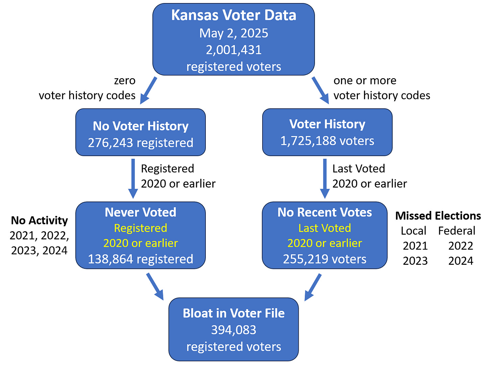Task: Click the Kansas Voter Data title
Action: (x=233, y=15)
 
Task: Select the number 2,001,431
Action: (x=233, y=50)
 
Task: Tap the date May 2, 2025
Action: (x=233, y=33)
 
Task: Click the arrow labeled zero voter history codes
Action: (x=148, y=90)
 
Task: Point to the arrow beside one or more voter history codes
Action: (x=320, y=90)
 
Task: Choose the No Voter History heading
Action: (x=141, y=126)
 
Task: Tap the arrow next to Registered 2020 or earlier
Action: (x=133, y=178)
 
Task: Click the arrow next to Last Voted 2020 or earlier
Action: (x=325, y=178)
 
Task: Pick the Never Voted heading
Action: (x=141, y=212)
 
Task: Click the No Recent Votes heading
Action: (x=325, y=212)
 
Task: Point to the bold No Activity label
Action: (x=39, y=220)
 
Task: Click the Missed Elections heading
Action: (x=438, y=216)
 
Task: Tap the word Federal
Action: (x=457, y=231)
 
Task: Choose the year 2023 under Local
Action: (x=415, y=261)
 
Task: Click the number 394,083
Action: (x=233, y=330)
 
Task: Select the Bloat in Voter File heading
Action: (x=233, y=313)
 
